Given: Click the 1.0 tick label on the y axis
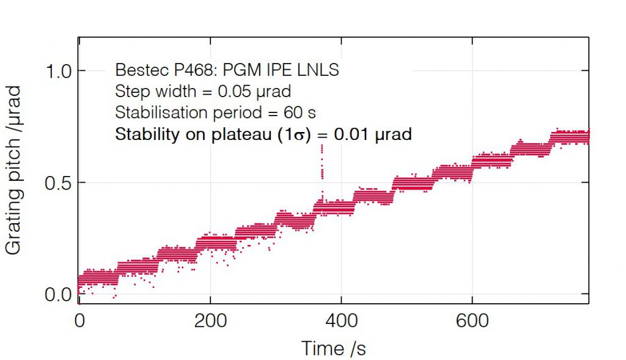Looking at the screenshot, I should coord(59,71).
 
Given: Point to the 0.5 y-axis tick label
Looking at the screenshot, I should coord(59,183).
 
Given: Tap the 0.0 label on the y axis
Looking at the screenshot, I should coord(59,295).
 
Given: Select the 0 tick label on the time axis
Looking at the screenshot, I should coord(79,320).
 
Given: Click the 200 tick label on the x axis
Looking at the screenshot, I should coord(210,320).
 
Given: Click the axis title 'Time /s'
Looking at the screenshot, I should coord(333,348).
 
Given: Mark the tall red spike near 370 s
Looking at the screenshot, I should coord(322,162).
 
